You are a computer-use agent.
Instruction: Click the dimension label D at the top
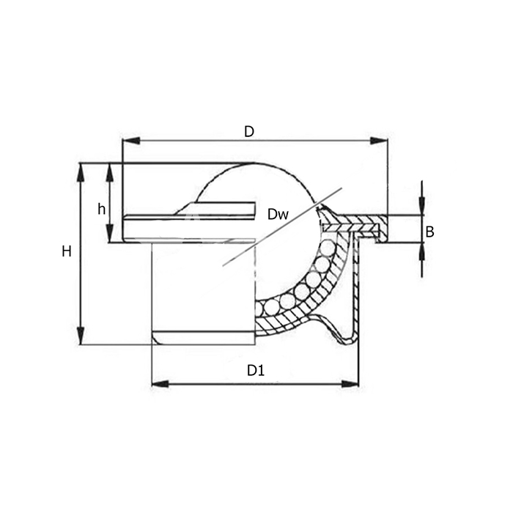tap(249, 131)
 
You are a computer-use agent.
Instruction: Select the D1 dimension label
tap(256, 370)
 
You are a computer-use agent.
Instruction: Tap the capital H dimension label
tap(67, 251)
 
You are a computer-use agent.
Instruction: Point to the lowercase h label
tap(101, 209)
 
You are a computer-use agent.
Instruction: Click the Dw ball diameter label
tap(278, 214)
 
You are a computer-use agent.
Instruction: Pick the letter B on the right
tap(429, 232)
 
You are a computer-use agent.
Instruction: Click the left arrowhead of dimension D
tap(131, 141)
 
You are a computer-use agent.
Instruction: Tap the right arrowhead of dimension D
tap(379, 141)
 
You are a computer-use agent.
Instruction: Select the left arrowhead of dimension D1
tap(160, 384)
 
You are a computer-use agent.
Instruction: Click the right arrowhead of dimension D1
tap(350, 384)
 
